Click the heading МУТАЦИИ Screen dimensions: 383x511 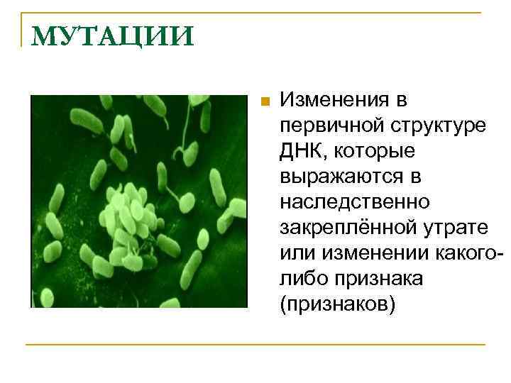point(112,35)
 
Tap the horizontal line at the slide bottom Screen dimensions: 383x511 point(255,345)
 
